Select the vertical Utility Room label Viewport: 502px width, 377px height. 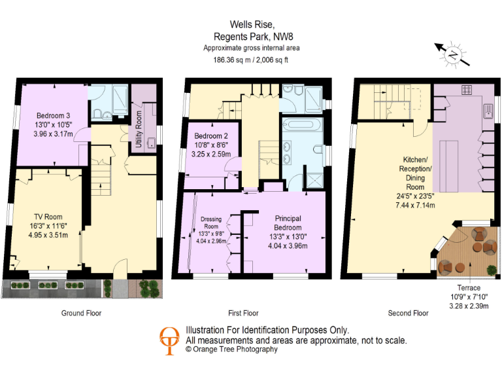tap(139, 131)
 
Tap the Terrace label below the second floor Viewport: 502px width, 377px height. tap(468, 287)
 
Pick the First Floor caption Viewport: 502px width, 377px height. tap(244, 313)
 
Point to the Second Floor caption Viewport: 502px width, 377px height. tap(408, 313)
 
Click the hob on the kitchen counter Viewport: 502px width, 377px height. tap(467, 90)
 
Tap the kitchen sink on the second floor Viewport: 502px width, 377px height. tap(488, 109)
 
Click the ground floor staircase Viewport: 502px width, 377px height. tap(100, 175)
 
